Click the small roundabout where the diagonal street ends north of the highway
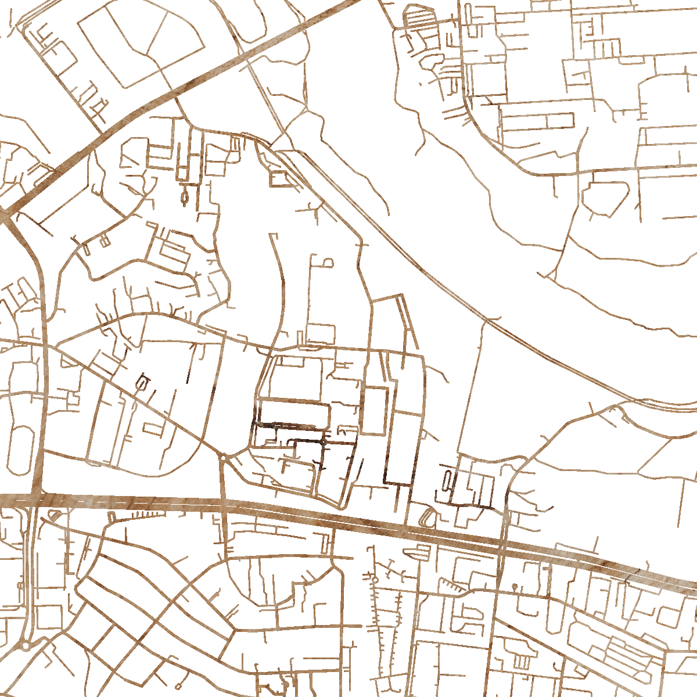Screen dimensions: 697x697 223,458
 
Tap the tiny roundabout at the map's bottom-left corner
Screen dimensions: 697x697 26,646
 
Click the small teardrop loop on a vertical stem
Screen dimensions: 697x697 185,197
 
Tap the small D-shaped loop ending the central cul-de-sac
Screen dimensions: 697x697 328,263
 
